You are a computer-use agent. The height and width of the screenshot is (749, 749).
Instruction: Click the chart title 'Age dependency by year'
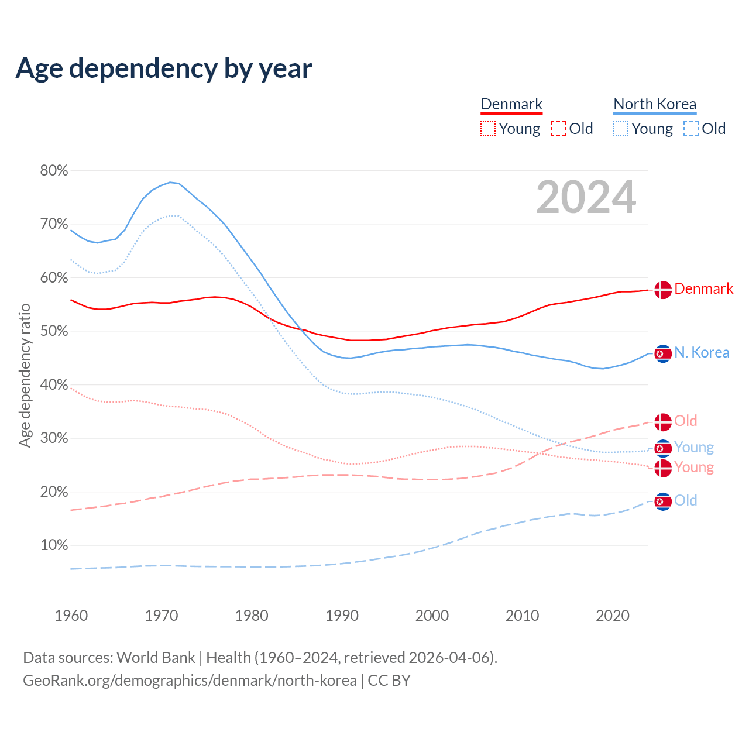click(x=164, y=68)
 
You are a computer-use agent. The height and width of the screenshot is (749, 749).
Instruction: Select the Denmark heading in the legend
click(x=511, y=104)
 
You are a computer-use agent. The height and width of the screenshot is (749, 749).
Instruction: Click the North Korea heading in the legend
click(x=655, y=104)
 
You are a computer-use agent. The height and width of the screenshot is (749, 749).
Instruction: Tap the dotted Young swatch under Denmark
click(x=488, y=129)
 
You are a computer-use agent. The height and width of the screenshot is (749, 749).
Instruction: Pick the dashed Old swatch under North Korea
click(x=691, y=129)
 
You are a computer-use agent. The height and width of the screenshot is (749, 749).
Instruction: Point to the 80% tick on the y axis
click(x=54, y=170)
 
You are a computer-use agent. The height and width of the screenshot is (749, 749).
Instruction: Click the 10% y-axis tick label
click(x=54, y=545)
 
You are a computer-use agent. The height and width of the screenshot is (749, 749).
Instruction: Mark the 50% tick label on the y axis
click(x=54, y=331)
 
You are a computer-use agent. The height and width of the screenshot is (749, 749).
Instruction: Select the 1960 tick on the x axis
click(x=71, y=616)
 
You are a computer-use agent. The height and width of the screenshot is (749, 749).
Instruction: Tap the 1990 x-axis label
click(x=342, y=616)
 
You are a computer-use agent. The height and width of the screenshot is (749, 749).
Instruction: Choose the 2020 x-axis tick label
click(x=613, y=616)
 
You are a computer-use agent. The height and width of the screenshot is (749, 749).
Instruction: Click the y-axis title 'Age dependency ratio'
click(x=25, y=375)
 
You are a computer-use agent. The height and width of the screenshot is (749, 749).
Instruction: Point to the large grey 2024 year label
click(x=586, y=198)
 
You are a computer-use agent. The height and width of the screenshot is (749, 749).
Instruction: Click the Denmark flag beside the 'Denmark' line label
click(x=663, y=290)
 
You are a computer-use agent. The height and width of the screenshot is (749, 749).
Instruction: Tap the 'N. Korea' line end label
click(x=702, y=352)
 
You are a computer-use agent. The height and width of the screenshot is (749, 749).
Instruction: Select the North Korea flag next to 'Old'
click(x=663, y=501)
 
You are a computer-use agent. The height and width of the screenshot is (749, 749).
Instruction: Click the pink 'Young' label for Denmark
click(x=694, y=467)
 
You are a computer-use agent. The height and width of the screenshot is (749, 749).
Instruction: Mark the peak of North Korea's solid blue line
click(x=170, y=182)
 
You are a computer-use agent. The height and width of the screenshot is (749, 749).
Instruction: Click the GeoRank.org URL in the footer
click(x=190, y=681)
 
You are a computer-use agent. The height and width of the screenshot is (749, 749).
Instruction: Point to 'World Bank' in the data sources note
click(x=156, y=658)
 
